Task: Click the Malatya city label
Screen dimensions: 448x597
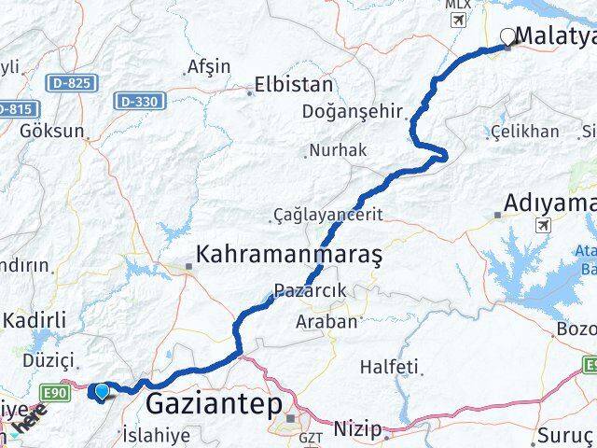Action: click(558, 37)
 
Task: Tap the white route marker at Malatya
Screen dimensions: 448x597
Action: click(507, 36)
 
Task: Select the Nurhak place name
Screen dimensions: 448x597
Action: click(338, 150)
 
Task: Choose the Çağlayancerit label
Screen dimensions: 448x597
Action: click(328, 214)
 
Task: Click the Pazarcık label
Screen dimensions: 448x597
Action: click(312, 291)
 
